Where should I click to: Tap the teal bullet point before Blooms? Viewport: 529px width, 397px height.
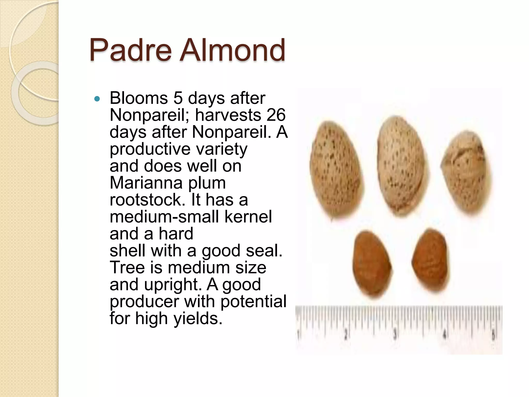coord(97,99)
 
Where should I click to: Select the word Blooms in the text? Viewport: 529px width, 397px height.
coord(139,98)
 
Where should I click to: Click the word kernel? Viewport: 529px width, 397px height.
coord(248,217)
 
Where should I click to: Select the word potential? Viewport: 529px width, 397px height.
coord(253,301)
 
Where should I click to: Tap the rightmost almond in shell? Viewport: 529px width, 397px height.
coord(465,172)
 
